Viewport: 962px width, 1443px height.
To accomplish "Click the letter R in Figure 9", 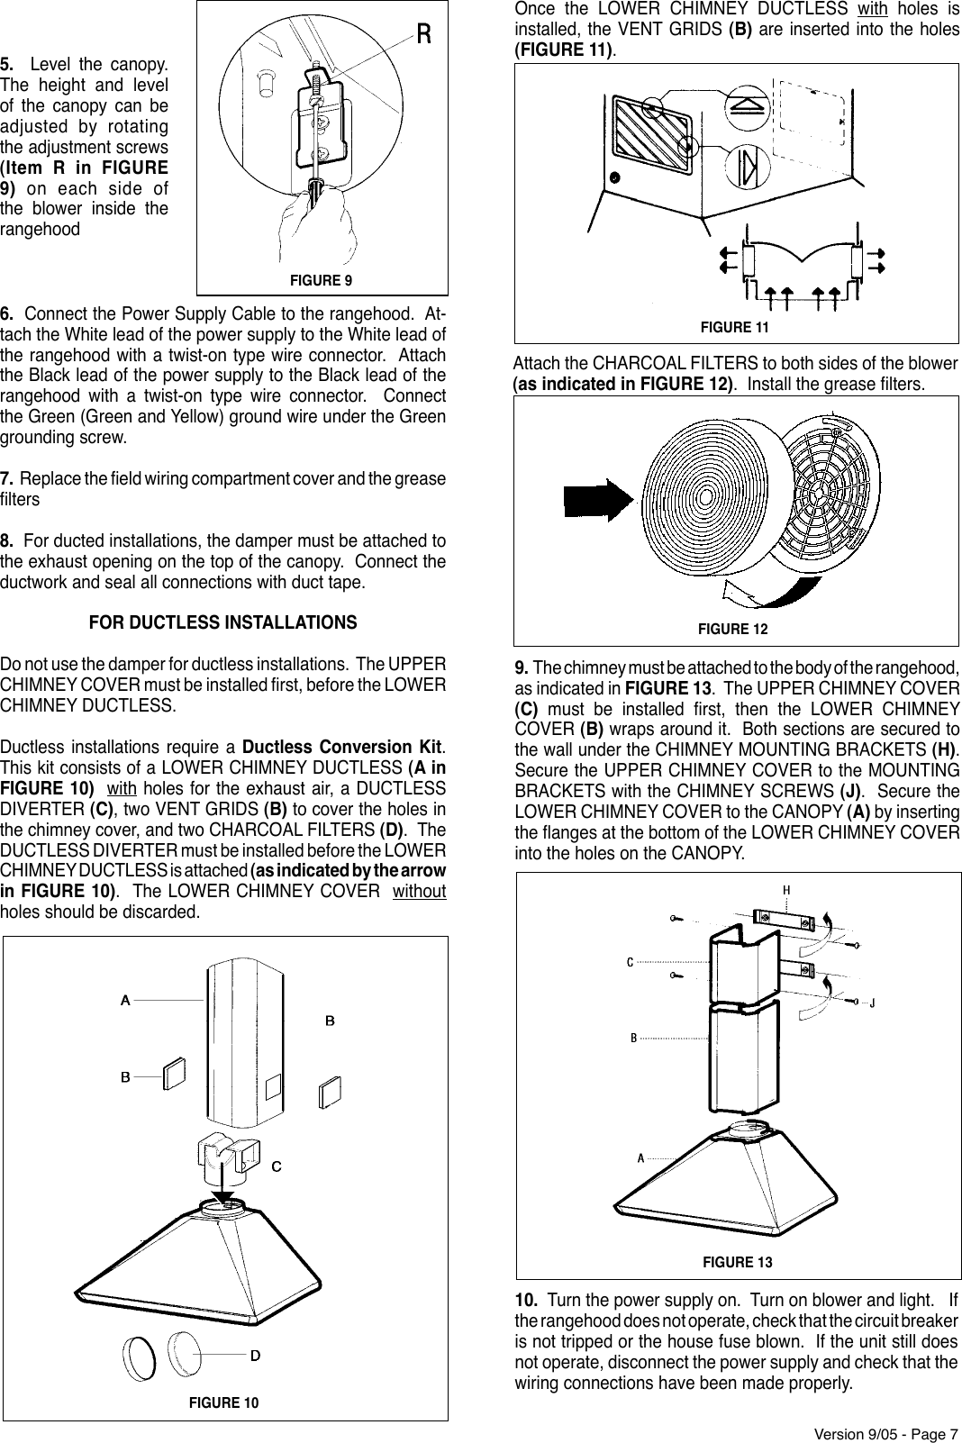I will pyautogui.click(x=423, y=34).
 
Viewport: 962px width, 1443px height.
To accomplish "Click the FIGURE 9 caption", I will pyautogui.click(x=322, y=281).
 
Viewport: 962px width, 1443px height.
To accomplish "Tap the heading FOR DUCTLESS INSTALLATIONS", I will pyautogui.click(x=222, y=623).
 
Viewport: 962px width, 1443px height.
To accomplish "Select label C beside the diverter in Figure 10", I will pyautogui.click(x=277, y=1166).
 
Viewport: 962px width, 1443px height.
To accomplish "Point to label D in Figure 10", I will pyautogui.click(x=256, y=1354).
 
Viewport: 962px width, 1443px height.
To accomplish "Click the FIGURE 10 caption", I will pyautogui.click(x=223, y=1403).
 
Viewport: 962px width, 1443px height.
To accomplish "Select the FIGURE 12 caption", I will pyautogui.click(x=733, y=629).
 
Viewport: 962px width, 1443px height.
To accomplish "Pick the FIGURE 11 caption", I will pyautogui.click(x=735, y=327).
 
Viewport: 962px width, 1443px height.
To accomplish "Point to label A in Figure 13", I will pyautogui.click(x=640, y=1157).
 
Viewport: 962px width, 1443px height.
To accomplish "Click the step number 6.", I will pyautogui.click(x=6, y=314).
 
